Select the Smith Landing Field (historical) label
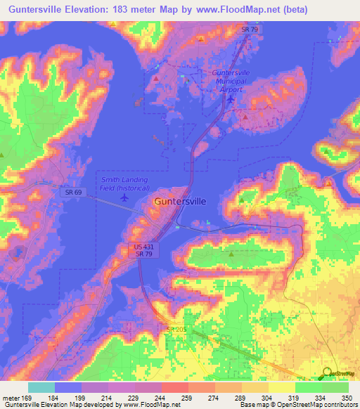124,183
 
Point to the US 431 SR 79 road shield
143,249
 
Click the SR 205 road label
177,330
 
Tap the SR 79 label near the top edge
247,30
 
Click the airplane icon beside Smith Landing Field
125,197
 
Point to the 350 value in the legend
347,398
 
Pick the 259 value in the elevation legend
188,398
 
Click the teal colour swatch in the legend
41,387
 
